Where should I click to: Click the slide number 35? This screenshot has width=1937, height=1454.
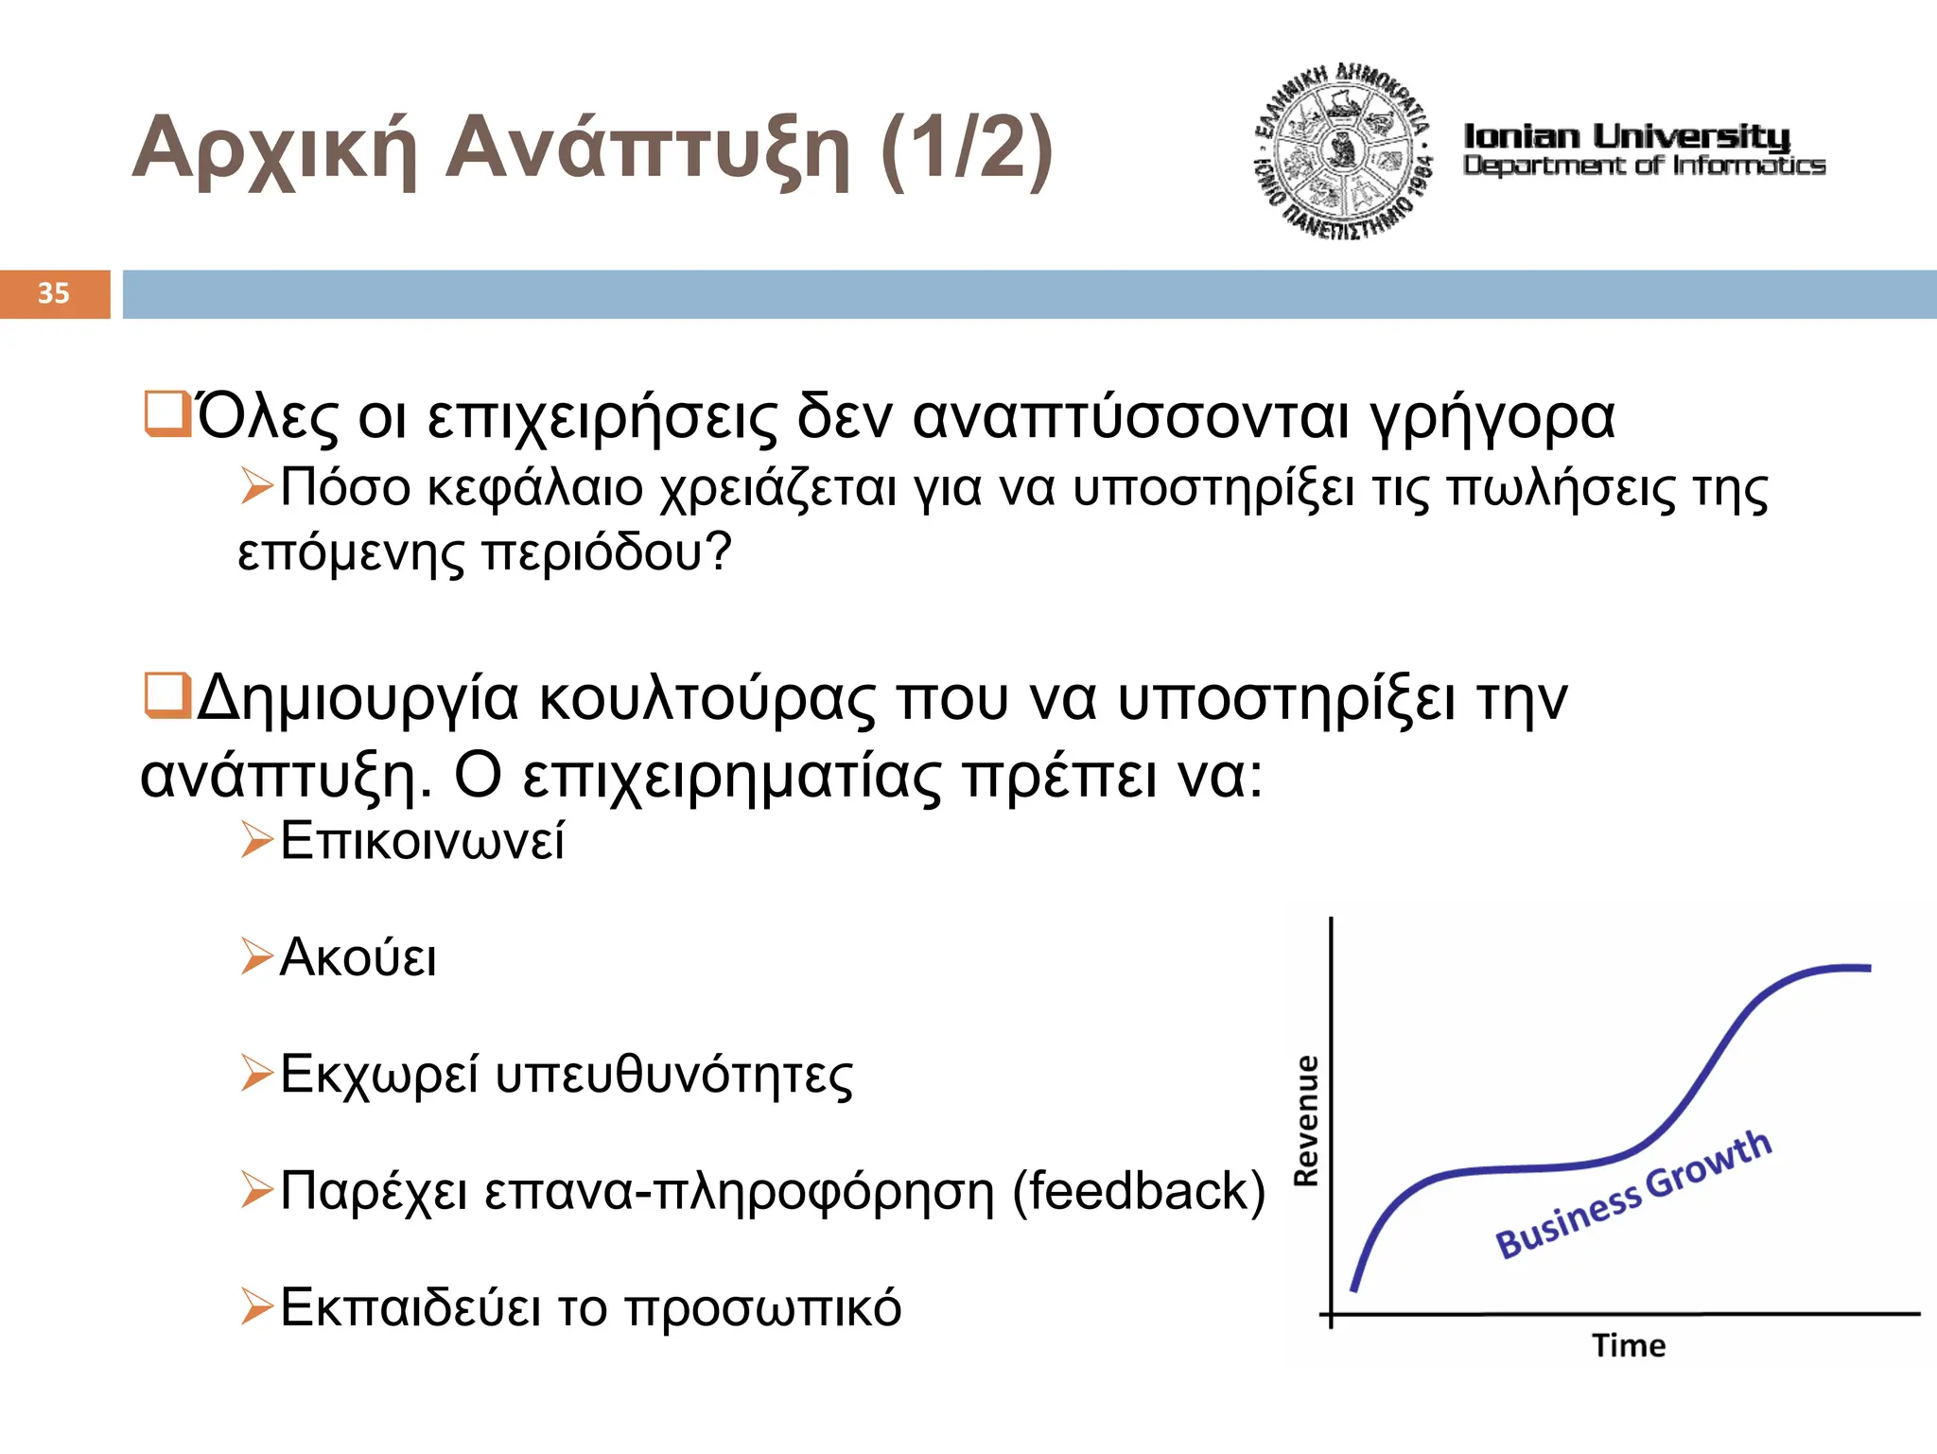tap(54, 293)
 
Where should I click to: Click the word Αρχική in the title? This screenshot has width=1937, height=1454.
tap(274, 149)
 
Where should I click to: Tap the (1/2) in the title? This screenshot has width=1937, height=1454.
tap(966, 148)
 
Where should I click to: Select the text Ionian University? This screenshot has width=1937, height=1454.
tap(1626, 136)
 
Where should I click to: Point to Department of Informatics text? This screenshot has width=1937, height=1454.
tap(1644, 166)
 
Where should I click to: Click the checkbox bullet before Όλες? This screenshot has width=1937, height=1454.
tap(166, 415)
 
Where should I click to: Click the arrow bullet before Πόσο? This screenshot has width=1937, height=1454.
tap(255, 486)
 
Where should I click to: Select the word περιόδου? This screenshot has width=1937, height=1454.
tap(606, 552)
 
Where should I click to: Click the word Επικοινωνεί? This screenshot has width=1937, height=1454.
tap(422, 840)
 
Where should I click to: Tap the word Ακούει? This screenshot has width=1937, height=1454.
tap(358, 957)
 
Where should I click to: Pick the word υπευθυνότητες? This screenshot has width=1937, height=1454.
tap(673, 1075)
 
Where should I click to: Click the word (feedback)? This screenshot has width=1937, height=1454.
tap(1138, 1191)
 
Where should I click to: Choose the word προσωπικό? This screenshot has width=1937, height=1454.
tap(762, 1308)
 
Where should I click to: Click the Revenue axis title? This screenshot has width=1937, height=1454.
tap(1306, 1120)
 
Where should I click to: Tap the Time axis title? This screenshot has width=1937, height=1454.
tap(1628, 1345)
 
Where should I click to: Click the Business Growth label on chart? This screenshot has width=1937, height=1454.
tap(1632, 1195)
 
